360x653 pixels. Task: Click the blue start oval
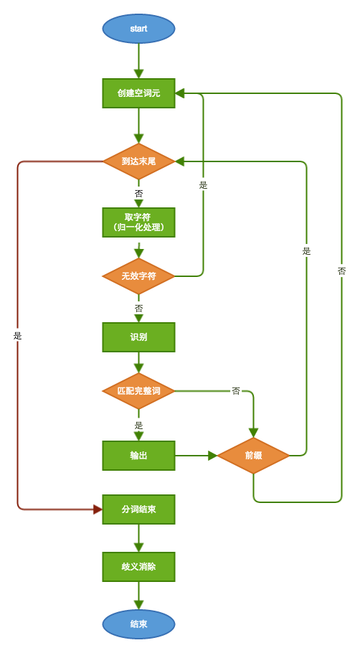pos(138,29)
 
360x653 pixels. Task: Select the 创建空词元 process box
pos(138,93)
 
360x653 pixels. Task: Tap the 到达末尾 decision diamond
pos(138,161)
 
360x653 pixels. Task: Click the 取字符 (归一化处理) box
pos(138,222)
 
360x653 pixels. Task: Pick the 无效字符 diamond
pos(138,276)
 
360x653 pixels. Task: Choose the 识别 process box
pos(138,337)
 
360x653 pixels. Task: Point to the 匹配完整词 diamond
pos(138,391)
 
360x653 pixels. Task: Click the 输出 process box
pos(138,456)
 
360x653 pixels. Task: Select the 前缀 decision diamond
pos(253,456)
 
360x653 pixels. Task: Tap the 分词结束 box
pos(138,509)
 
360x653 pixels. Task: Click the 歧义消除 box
pos(138,567)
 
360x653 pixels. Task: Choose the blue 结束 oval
pos(138,624)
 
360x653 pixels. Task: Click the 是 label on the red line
pos(18,336)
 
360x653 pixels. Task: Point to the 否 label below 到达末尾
pos(138,194)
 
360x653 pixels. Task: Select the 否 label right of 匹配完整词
pos(235,391)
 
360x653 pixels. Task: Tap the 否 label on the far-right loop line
pos(341,271)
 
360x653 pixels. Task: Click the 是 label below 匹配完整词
pos(138,425)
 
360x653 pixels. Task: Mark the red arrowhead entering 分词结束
pos(98,509)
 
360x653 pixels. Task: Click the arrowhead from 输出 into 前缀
pos(212,456)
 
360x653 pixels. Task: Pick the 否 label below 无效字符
pos(138,309)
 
